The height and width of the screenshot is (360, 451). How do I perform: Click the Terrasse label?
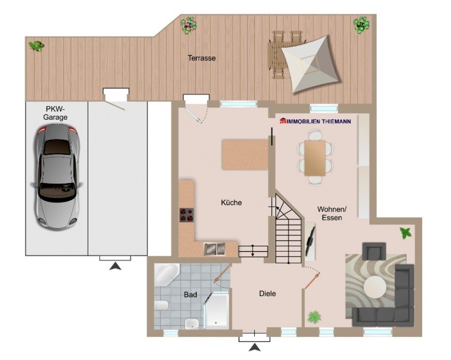pyautogui.click(x=201, y=58)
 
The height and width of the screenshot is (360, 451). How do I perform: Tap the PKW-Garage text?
pyautogui.click(x=55, y=113)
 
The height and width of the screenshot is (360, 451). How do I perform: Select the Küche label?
pyautogui.click(x=231, y=203)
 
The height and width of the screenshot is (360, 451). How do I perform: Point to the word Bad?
pyautogui.click(x=190, y=294)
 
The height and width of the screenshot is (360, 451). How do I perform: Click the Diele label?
pyautogui.click(x=268, y=293)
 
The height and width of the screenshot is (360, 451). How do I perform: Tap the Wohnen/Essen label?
pyautogui.click(x=332, y=213)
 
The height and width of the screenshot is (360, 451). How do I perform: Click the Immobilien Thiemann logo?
pyautogui.click(x=316, y=121)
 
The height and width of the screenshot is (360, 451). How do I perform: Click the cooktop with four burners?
pyautogui.click(x=187, y=215)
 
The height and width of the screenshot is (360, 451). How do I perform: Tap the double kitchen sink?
pyautogui.click(x=214, y=249)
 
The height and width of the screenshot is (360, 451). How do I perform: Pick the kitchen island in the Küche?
pyautogui.click(x=245, y=154)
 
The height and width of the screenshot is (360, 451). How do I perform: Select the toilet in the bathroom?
pyautogui.click(x=161, y=306)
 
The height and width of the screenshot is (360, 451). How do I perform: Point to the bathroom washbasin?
pyautogui.click(x=192, y=324)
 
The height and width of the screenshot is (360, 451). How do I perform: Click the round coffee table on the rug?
pyautogui.click(x=375, y=287)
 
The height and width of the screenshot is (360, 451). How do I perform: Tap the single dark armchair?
pyautogui.click(x=374, y=251)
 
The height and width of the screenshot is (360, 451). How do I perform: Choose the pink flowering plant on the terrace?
pyautogui.click(x=188, y=25)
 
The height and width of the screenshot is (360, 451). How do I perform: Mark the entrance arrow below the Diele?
pyautogui.click(x=254, y=347)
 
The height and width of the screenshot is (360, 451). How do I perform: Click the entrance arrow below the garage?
pyautogui.click(x=115, y=266)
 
